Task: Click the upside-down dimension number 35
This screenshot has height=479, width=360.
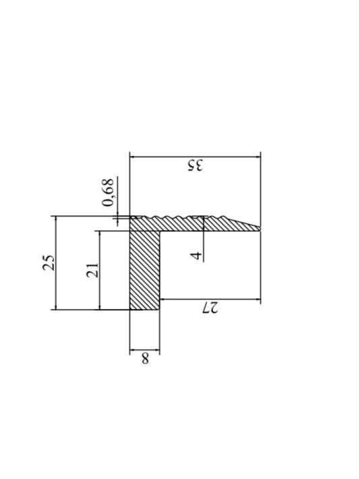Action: pos(194,166)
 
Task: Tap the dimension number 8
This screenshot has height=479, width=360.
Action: pos(144,359)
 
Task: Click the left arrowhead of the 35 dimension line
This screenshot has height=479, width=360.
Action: pos(132,157)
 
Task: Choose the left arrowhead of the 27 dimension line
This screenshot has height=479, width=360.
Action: pos(162,298)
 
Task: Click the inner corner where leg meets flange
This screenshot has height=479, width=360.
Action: pos(160,231)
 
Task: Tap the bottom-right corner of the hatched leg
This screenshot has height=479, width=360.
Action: pos(160,310)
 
